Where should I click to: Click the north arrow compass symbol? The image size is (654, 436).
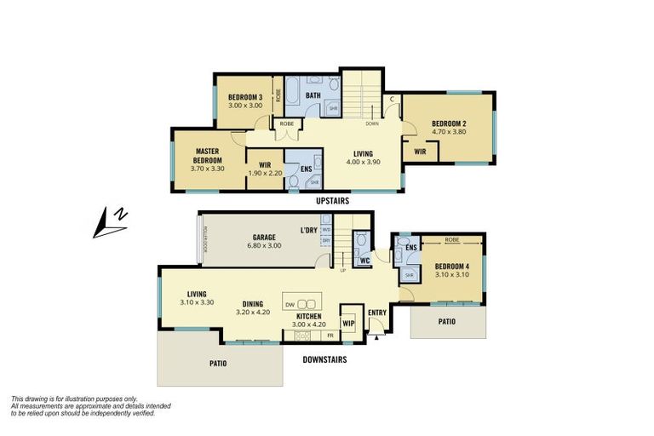(112, 222)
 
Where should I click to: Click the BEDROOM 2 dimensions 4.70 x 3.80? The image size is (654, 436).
(448, 133)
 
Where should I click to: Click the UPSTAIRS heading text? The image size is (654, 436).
(334, 201)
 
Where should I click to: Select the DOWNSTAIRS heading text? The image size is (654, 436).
(325, 360)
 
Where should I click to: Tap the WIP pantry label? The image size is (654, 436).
(349, 323)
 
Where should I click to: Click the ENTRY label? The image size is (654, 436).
(376, 313)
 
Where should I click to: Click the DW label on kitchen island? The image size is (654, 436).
(290, 304)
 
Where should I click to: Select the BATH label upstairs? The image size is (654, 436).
(313, 95)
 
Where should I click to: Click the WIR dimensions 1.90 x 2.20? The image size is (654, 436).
(263, 173)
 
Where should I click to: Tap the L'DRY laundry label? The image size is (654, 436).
(308, 231)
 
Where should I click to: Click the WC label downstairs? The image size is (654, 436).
(364, 261)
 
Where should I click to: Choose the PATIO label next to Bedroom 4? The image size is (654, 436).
(446, 322)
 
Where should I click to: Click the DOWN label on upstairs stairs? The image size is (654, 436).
(372, 123)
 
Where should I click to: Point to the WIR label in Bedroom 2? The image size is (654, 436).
(420, 152)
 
